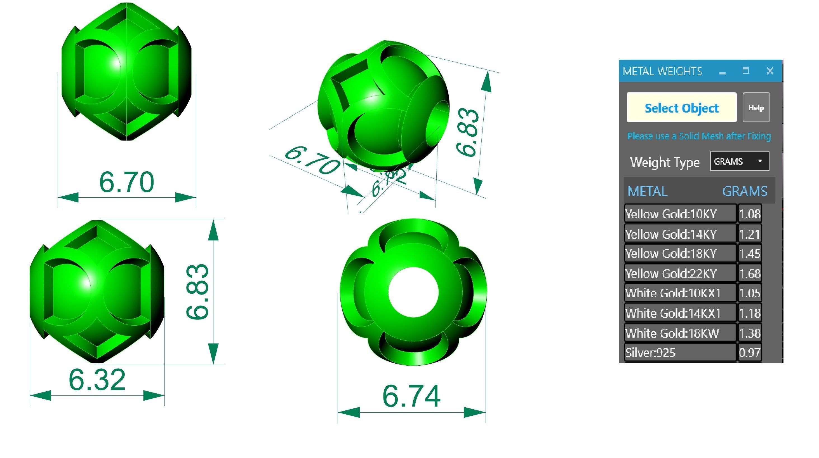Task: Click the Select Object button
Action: [681, 108]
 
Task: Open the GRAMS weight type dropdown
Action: [739, 161]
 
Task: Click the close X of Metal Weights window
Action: [770, 71]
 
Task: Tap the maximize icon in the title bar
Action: [745, 71]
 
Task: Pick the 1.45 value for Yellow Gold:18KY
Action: [749, 254]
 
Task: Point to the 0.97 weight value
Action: [749, 353]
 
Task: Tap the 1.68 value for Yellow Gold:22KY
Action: [749, 274]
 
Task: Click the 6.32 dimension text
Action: [97, 380]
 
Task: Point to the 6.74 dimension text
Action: [411, 396]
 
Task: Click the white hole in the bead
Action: [413, 292]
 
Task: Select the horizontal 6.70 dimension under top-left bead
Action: [126, 182]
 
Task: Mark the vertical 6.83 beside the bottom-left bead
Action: [197, 291]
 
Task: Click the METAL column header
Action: [647, 191]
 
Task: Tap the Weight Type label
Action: [665, 162]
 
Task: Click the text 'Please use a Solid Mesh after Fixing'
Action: [699, 136]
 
